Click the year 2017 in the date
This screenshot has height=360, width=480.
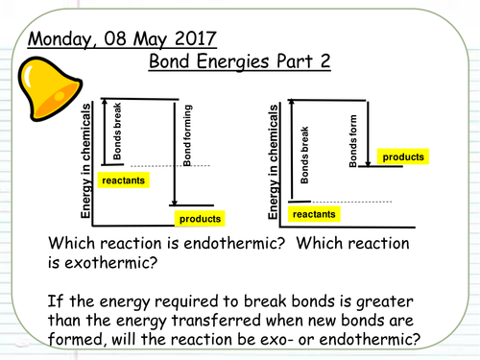tap(193, 39)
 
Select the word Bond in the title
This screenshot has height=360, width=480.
tap(172, 62)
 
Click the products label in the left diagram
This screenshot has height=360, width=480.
tap(201, 218)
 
